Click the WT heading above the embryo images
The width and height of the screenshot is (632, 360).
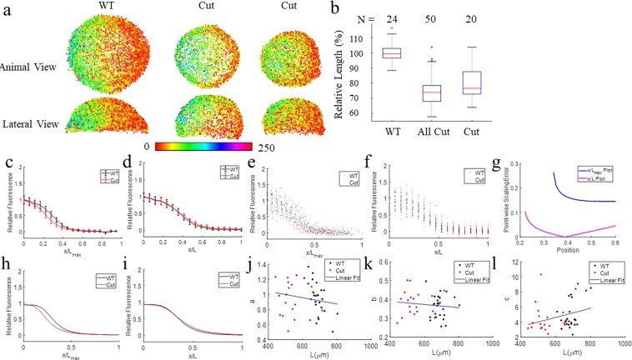tap(107, 7)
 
